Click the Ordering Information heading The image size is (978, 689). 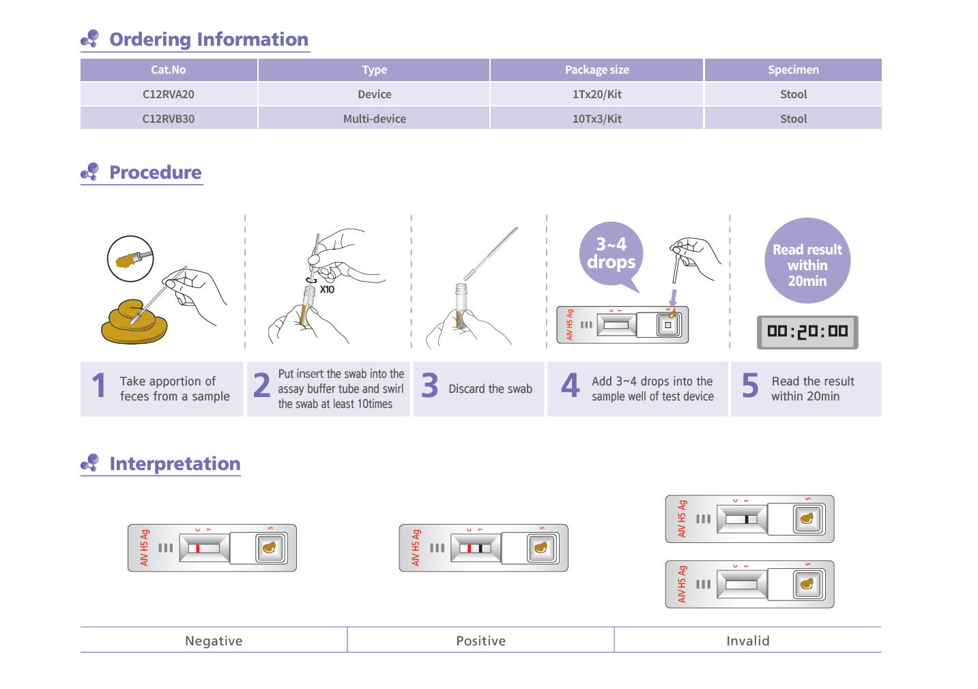[208, 40]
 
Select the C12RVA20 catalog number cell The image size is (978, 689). [169, 94]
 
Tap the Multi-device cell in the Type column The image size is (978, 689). [374, 119]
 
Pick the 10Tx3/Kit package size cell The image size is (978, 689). [596, 119]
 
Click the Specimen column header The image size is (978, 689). [793, 70]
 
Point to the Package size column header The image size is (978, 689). [596, 70]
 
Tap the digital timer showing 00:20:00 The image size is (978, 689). [807, 332]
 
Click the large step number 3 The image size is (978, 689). [430, 386]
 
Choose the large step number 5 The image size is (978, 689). [750, 386]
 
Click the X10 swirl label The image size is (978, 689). [327, 289]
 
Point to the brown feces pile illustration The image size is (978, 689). [133, 323]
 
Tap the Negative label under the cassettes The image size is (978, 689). [214, 641]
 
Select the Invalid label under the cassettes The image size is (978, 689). [747, 641]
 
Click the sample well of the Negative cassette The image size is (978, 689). [270, 548]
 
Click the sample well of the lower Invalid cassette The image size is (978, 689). [808, 585]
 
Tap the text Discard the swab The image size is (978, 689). [490, 389]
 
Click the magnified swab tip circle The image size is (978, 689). [130, 259]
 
